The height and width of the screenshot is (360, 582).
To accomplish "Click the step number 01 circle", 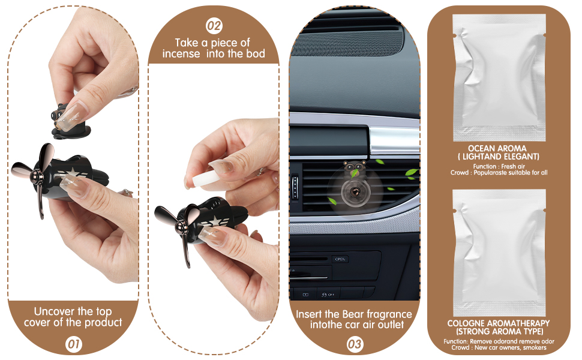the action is click(x=73, y=344).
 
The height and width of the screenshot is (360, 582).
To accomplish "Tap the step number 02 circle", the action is click(x=214, y=26).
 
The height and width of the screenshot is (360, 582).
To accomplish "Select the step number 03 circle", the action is click(x=355, y=344).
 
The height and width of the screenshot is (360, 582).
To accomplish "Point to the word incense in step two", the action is click(x=181, y=54).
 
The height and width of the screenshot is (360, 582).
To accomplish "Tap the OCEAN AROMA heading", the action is click(x=497, y=148).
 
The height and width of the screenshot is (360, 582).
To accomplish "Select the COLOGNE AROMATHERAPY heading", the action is click(x=499, y=323).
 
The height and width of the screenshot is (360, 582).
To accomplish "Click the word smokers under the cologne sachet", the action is click(x=535, y=348).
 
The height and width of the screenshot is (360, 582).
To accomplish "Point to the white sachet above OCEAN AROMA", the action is click(x=499, y=77).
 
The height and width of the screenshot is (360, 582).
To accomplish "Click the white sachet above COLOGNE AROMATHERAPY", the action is click(x=499, y=253).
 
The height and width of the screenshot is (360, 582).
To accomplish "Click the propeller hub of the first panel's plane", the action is click(x=37, y=176).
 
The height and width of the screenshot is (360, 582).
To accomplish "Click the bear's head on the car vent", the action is click(x=355, y=168).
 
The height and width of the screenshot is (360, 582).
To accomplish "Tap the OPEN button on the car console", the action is click(x=340, y=259).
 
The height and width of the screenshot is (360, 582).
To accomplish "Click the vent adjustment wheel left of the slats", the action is click(x=295, y=187).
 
